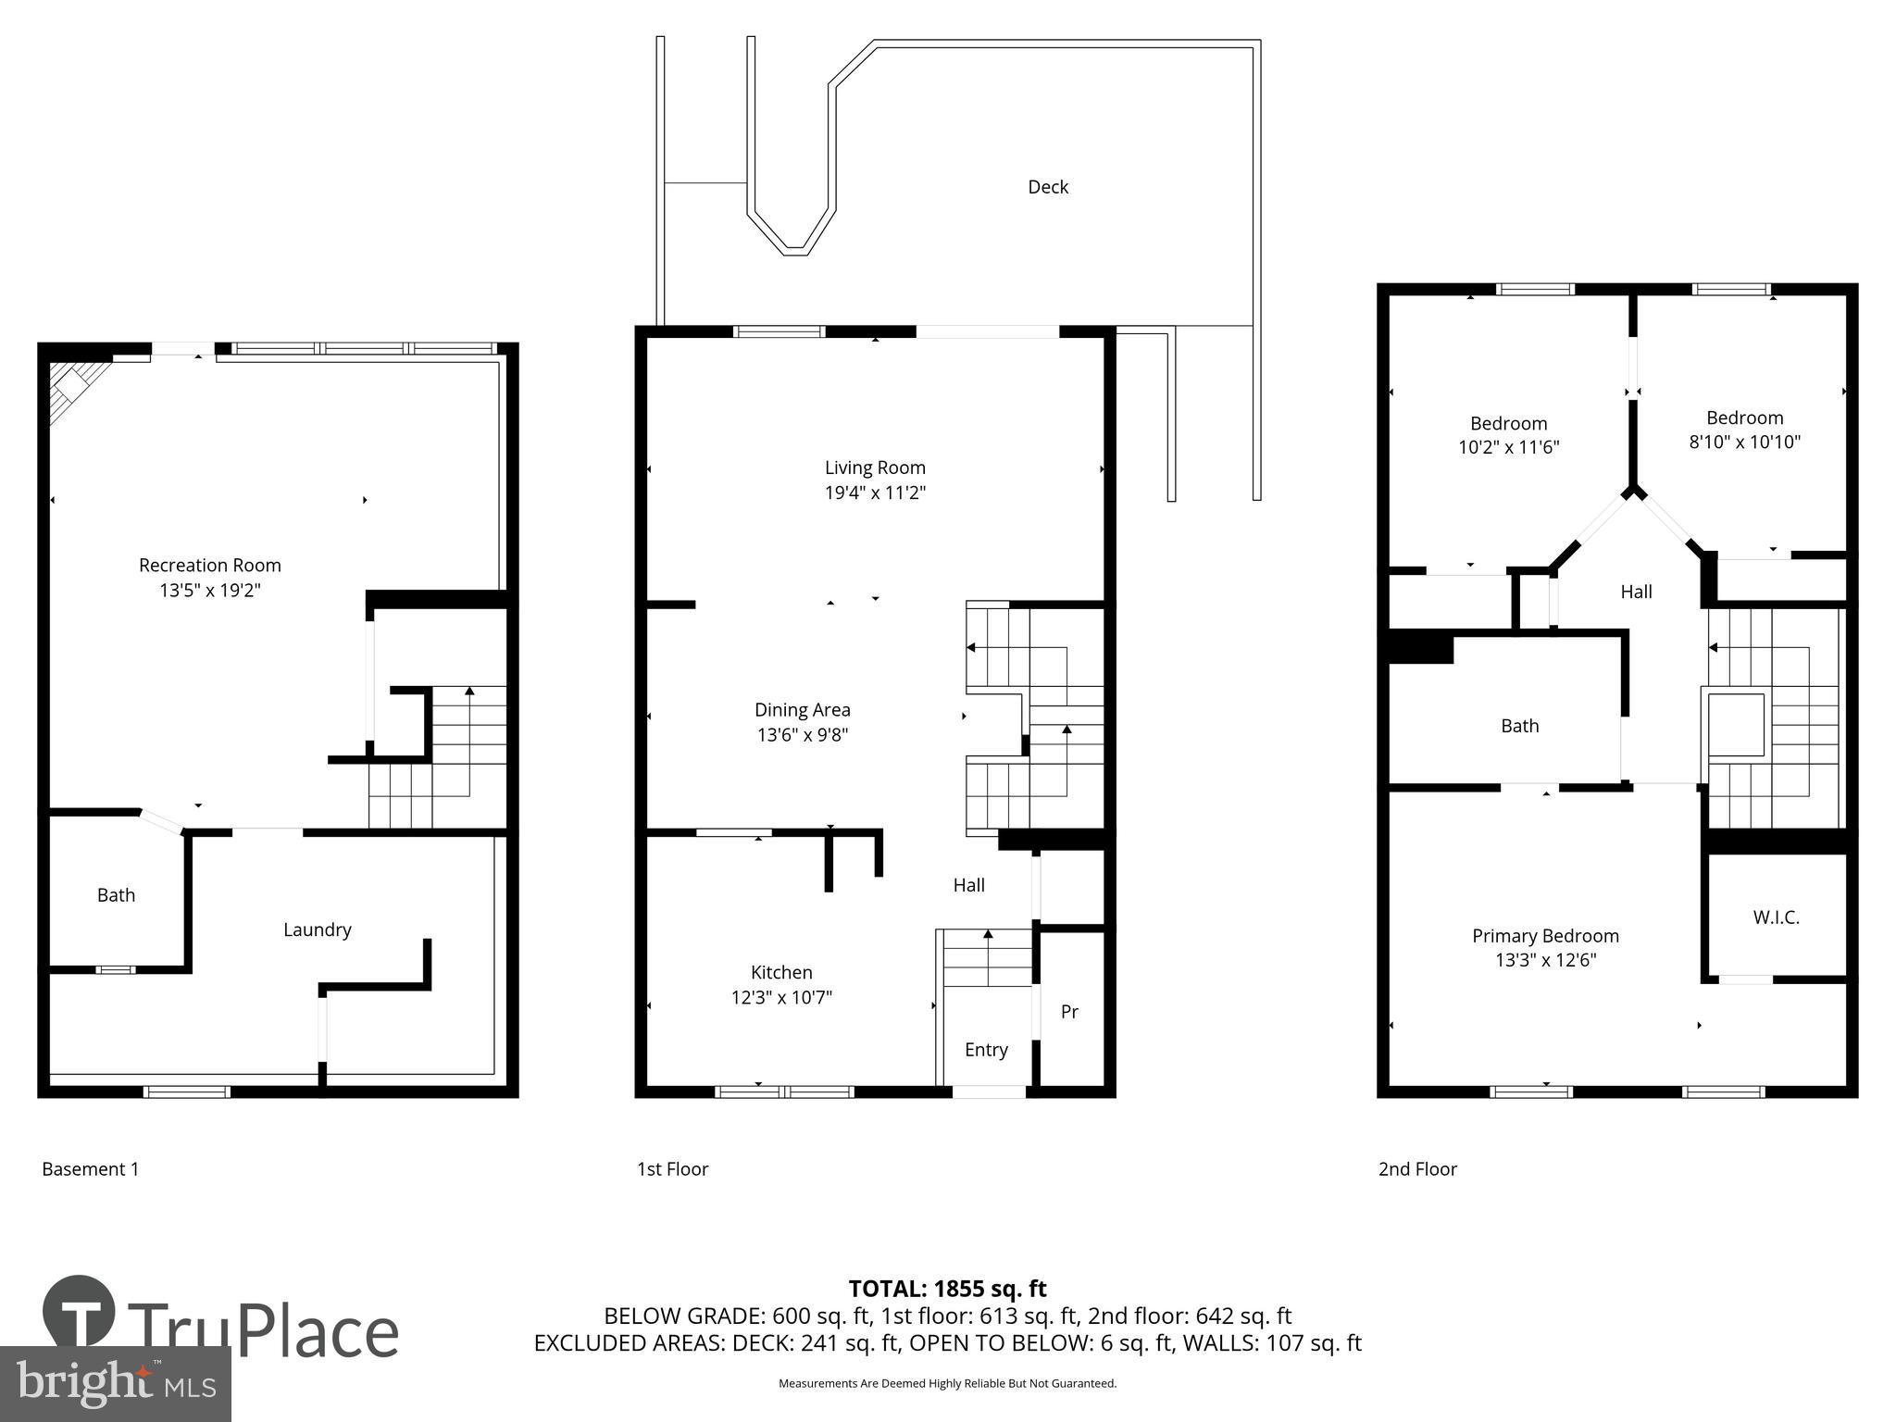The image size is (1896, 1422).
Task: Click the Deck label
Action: (1048, 187)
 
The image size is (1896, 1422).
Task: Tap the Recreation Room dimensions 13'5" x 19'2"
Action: (210, 590)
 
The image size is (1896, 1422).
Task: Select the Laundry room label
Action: (317, 929)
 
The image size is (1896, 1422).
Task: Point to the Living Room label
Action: (875, 468)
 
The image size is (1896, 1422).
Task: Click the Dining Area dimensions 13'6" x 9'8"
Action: (802, 735)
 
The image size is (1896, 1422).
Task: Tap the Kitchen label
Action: (781, 972)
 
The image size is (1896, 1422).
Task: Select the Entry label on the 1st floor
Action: (986, 1049)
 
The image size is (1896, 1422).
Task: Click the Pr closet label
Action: (1069, 1012)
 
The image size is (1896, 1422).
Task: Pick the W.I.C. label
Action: (1776, 917)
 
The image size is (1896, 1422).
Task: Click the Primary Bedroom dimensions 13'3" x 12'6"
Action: (1545, 960)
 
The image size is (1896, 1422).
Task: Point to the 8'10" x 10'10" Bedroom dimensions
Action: (1744, 442)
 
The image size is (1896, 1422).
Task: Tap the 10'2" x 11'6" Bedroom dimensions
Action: (1508, 447)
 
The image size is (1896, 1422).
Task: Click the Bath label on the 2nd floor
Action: (1519, 726)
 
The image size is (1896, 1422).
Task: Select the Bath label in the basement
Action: (116, 895)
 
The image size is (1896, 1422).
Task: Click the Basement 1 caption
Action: (90, 1169)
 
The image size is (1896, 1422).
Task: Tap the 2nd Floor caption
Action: (1417, 1169)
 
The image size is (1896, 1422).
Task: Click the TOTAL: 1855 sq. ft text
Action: (947, 1289)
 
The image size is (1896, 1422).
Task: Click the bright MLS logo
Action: (115, 1383)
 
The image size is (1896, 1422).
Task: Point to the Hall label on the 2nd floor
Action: (1636, 592)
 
